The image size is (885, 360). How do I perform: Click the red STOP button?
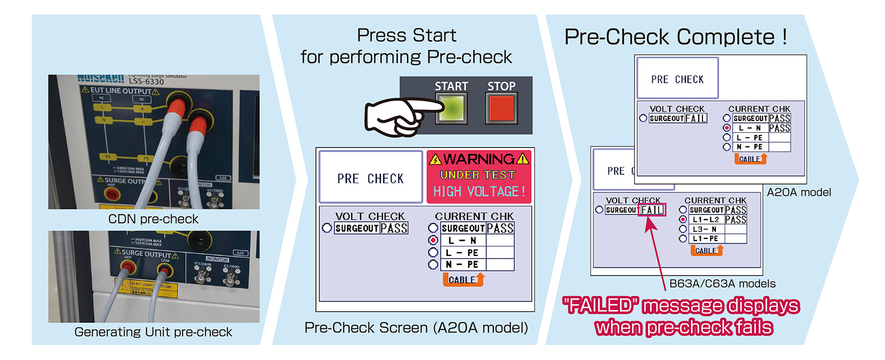[x=501, y=108]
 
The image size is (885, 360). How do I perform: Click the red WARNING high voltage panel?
[x=479, y=176]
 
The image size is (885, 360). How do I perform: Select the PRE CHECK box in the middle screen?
[x=371, y=178]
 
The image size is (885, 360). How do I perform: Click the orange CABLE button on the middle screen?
[x=464, y=280]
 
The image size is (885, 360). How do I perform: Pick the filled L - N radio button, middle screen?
[x=433, y=241]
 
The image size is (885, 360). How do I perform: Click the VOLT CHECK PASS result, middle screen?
[x=394, y=228]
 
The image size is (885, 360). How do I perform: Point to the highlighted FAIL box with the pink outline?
[x=652, y=210]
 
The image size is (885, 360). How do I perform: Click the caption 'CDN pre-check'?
[x=153, y=219]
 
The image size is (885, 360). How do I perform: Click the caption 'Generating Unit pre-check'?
[x=153, y=332]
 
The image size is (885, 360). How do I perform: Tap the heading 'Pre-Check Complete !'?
[x=675, y=37]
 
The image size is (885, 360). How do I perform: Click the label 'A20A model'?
[x=799, y=192]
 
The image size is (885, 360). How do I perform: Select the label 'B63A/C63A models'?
[x=722, y=284]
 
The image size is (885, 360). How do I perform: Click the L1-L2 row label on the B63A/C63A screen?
[x=706, y=220]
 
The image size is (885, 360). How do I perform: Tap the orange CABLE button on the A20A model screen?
[x=751, y=159]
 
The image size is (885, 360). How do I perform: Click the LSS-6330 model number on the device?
[x=146, y=82]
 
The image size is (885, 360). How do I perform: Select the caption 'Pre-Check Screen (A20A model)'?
[x=416, y=327]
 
